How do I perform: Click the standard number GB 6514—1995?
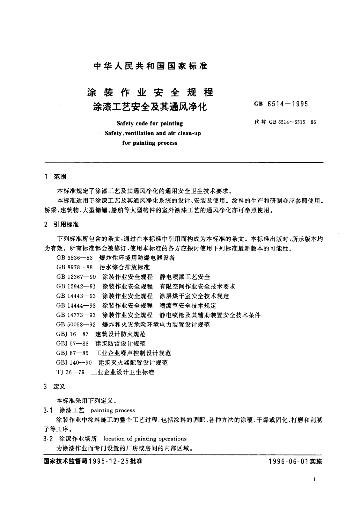(281, 104)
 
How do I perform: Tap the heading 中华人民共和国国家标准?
(151, 66)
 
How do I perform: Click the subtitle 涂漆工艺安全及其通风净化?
(150, 106)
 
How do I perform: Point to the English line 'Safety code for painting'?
(150, 123)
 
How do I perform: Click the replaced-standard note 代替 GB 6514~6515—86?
(285, 122)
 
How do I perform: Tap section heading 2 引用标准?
(61, 225)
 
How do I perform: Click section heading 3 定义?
(55, 387)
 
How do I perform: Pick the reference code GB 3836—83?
(76, 258)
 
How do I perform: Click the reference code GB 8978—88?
(76, 267)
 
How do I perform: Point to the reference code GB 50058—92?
(76, 325)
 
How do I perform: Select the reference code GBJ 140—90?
(74, 363)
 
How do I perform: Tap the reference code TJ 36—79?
(70, 372)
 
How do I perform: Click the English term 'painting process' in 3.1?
(113, 410)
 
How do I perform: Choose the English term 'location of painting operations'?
(145, 439)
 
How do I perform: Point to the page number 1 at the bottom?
(315, 479)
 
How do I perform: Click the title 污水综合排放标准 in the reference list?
(125, 267)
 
